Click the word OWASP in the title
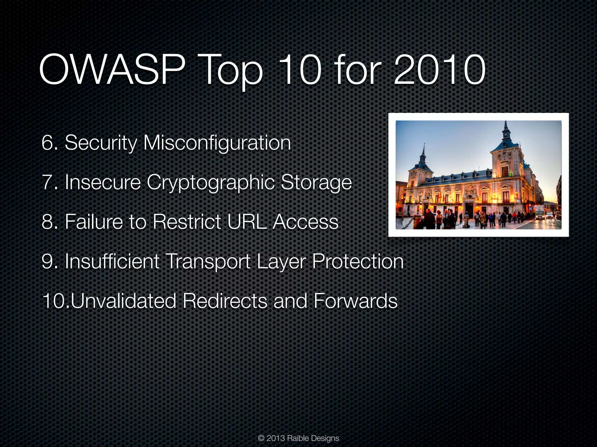[112, 71]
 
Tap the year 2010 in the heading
[439, 71]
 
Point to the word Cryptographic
[210, 183]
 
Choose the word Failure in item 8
[93, 222]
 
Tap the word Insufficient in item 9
[112, 261]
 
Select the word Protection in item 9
[358, 261]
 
